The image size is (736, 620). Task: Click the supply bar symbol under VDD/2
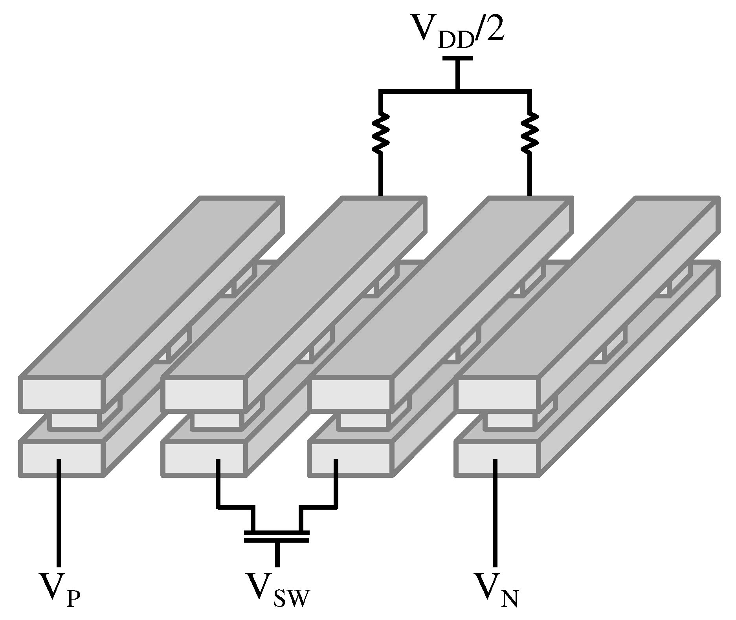click(457, 59)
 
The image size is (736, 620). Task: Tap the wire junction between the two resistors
click(457, 91)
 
